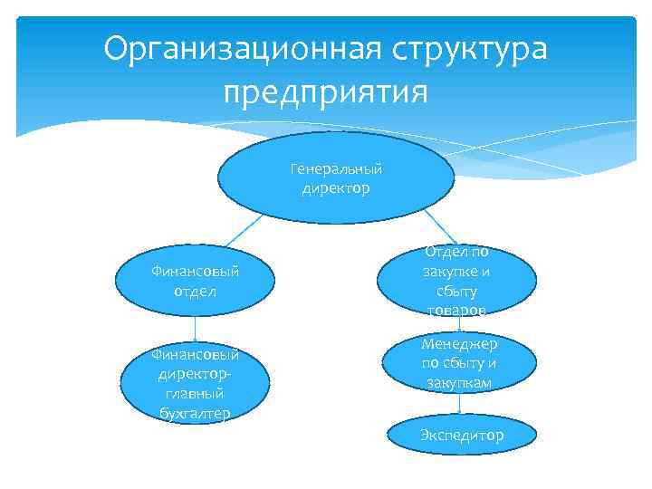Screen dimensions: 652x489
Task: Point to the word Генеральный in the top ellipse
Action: [336, 169]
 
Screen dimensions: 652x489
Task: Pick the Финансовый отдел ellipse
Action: [196, 282]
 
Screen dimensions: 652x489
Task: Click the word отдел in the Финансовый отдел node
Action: [196, 292]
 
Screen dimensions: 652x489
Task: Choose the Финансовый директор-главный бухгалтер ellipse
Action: [196, 384]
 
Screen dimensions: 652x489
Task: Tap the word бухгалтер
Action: [196, 414]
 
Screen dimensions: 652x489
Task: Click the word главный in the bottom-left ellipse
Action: [196, 394]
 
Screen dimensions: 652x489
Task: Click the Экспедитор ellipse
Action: [461, 436]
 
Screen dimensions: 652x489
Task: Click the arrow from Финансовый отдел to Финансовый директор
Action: [196, 328]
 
